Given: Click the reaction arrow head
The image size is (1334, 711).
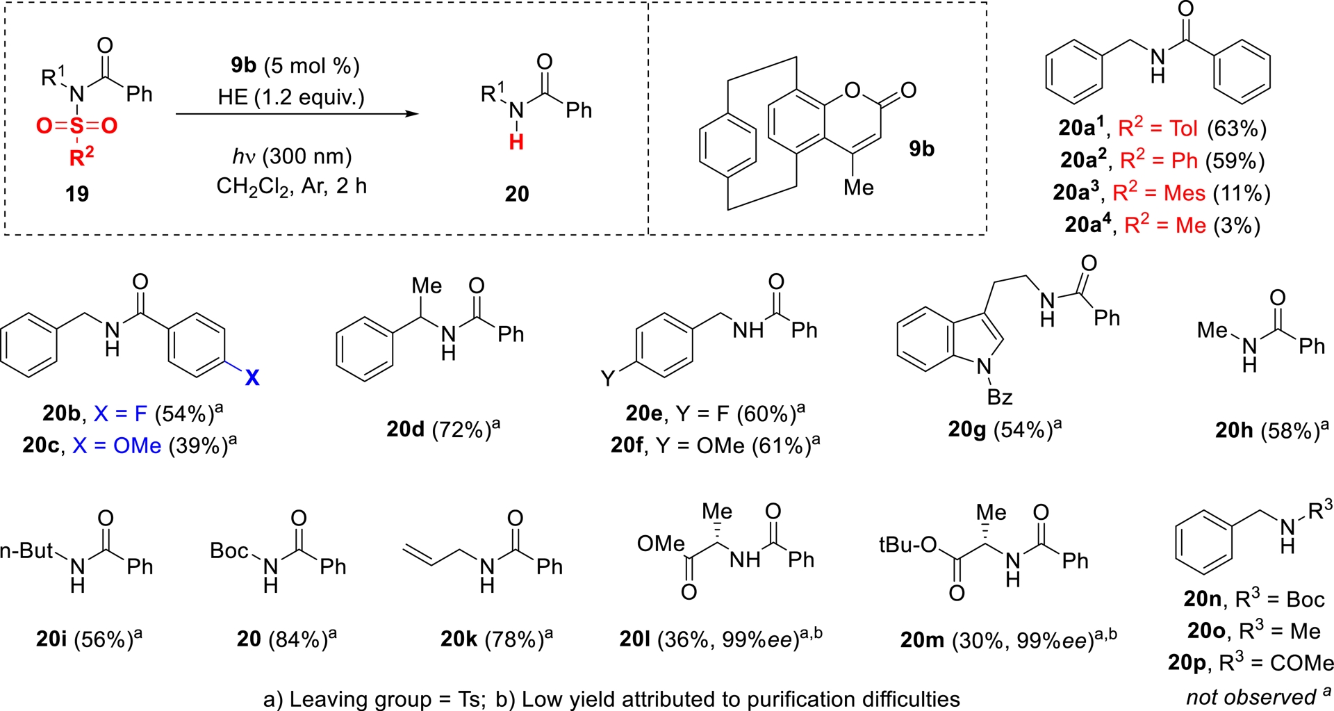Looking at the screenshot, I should point(413,113).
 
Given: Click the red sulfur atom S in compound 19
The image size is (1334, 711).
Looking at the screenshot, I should point(76,126).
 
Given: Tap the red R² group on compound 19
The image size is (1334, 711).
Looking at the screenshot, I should point(81,157).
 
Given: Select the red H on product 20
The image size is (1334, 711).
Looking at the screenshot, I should point(516,142).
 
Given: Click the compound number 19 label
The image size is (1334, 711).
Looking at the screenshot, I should point(76,193).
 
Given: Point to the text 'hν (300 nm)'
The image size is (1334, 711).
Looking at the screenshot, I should point(292,156).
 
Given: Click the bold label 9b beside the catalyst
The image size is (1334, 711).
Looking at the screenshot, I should point(921,149).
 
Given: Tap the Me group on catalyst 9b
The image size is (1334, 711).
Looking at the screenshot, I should point(858,188).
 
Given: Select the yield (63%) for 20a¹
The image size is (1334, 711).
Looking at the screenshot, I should point(1237,129).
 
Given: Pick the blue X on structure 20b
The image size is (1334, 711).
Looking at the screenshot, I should point(252,377).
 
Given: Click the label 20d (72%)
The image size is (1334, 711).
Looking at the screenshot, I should point(443,430).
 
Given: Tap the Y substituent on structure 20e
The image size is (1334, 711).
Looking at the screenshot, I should point(607,378).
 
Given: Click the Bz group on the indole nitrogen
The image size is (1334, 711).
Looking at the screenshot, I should point(999,398).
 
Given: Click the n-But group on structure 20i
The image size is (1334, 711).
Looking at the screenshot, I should point(26,551).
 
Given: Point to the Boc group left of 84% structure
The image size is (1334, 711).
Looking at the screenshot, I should point(229,551).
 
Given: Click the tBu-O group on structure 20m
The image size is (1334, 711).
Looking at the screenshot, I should point(908,545).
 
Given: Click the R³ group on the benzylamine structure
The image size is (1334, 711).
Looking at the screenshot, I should point(1319,511).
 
